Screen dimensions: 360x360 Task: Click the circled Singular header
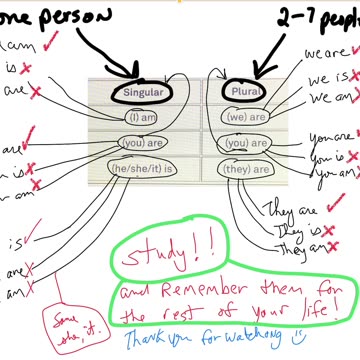(140, 91)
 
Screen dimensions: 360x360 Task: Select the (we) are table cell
(245, 116)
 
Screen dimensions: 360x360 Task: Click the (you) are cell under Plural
(245, 142)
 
